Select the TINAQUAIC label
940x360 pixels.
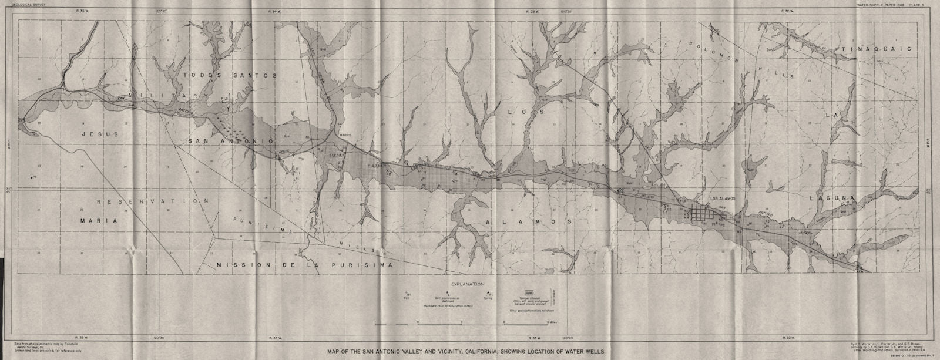[875, 49]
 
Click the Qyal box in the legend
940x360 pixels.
[528, 291]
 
